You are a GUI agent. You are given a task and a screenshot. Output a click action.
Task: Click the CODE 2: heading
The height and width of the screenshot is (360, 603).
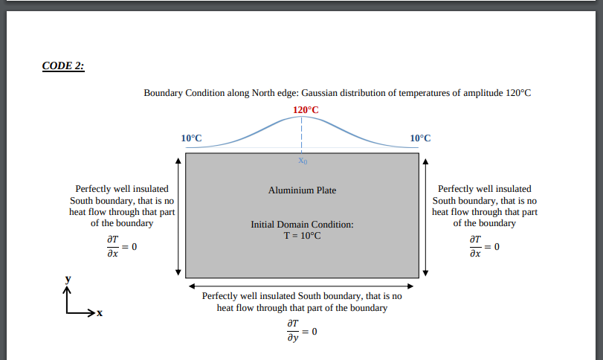63,65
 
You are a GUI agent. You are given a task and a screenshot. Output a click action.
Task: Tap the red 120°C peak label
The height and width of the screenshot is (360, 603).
306,110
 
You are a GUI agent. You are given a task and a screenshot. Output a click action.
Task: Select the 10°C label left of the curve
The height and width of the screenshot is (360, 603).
191,138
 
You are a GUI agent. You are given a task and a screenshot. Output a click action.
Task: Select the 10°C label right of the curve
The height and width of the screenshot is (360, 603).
420,138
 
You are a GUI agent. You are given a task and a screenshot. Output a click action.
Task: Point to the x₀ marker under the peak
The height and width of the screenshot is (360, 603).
301,160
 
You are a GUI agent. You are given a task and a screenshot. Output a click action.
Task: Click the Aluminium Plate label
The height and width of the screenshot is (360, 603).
302,190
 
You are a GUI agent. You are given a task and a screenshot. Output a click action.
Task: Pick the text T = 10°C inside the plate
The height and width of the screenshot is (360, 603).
302,235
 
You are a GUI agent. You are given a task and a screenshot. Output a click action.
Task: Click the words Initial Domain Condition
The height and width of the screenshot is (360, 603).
302,224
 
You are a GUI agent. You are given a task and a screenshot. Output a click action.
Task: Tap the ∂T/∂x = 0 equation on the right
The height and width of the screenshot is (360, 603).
485,246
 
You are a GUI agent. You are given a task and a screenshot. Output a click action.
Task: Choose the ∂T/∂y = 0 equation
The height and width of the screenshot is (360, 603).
301,331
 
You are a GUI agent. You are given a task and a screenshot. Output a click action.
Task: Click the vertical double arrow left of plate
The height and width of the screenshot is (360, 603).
178,215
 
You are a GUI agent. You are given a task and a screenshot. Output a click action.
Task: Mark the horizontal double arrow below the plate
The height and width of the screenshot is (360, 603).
302,286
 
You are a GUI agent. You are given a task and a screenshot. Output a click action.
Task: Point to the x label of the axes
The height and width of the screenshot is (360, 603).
98,313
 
